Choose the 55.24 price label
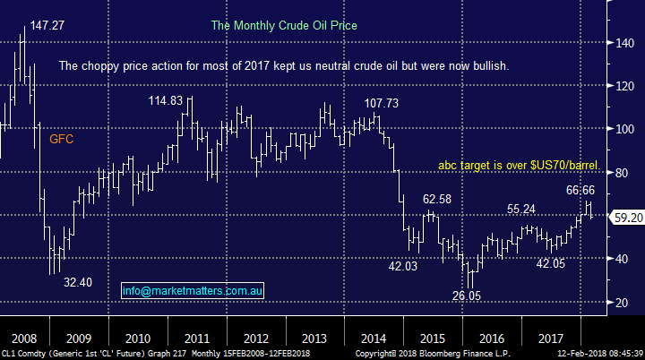(x=527, y=209)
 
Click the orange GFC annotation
(x=62, y=139)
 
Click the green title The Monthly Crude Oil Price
(x=284, y=26)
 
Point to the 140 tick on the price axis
(x=623, y=43)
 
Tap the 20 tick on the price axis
(x=620, y=302)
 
